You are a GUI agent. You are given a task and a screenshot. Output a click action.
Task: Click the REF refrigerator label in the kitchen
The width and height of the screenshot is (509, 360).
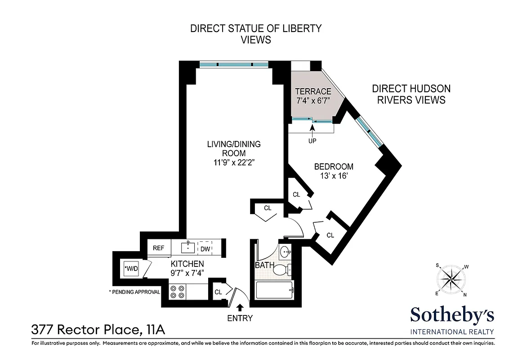tap(158, 248)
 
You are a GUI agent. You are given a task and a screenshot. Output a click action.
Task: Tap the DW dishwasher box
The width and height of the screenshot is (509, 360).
tap(205, 248)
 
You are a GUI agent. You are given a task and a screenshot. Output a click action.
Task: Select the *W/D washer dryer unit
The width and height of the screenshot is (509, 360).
tap(131, 269)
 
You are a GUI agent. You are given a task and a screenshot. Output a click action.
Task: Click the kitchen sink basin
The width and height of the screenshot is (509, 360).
tap(188, 247)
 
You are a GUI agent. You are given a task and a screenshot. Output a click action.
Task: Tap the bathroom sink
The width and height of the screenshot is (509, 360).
tap(285, 252)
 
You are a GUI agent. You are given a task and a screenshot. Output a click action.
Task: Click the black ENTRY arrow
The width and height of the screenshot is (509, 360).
tap(240, 308)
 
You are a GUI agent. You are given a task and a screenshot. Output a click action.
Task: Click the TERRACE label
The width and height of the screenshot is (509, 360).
tap(313, 91)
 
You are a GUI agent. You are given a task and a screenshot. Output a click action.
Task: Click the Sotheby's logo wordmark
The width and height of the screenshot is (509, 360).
tap(452, 315)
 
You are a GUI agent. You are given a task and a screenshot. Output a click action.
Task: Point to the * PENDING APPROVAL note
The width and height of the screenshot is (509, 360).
tap(134, 292)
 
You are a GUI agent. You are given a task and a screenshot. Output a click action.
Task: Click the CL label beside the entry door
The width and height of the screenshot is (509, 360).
tap(218, 292)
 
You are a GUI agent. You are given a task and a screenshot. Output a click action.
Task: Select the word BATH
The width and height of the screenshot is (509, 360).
tap(264, 265)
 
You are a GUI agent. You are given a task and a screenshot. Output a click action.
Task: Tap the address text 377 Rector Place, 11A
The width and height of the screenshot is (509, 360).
tap(98, 330)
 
